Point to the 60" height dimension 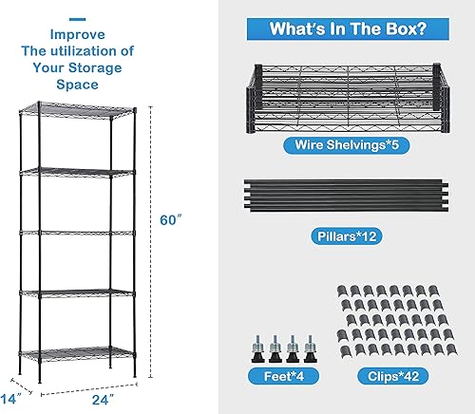pos(169,220)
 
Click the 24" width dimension pos(90,398)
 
